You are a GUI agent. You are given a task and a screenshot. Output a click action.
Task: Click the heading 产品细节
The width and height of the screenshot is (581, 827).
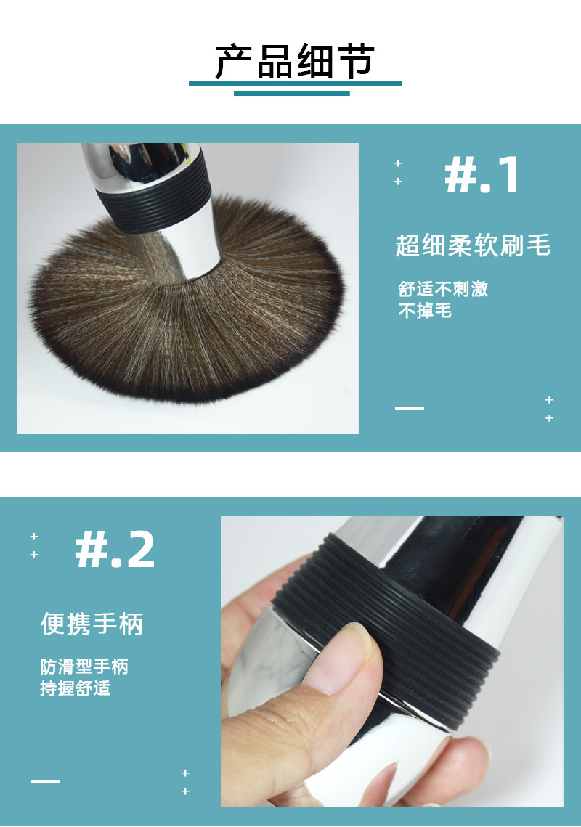[295, 62]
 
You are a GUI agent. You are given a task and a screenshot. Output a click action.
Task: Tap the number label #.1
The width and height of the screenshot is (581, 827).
[482, 175]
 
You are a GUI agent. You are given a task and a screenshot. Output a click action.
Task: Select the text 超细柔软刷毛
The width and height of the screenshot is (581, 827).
[473, 245]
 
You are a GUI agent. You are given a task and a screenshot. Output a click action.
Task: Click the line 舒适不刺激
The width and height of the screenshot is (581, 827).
[443, 288]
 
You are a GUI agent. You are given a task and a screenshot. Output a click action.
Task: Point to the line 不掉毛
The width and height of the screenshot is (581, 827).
[425, 311]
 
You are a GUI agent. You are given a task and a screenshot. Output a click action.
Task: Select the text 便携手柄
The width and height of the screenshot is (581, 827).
[92, 624]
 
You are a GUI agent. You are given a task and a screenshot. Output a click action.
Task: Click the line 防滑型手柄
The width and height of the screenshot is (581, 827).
[84, 667]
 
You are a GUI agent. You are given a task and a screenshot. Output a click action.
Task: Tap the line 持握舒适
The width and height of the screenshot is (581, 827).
[76, 688]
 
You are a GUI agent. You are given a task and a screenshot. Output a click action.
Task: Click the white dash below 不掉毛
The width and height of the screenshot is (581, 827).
[410, 408]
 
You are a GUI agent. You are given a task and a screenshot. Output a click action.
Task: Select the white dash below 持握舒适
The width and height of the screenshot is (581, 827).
[45, 781]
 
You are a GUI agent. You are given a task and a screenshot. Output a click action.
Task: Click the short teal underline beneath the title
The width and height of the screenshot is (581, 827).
[292, 94]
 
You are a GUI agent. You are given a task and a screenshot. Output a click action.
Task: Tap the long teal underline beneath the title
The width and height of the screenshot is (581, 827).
[295, 83]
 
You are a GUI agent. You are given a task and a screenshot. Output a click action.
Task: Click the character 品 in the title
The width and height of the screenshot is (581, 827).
[275, 62]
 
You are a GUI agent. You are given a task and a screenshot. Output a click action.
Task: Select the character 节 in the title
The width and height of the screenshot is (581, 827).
[357, 62]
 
